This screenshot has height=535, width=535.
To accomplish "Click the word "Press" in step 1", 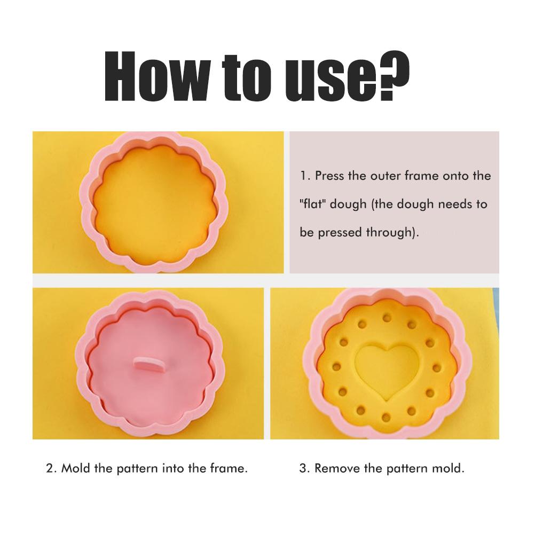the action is (329, 176).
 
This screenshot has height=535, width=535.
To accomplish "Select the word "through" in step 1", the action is (389, 233).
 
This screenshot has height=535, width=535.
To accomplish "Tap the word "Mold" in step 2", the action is (76, 468).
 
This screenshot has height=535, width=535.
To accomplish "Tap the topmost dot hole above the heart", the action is (386, 318).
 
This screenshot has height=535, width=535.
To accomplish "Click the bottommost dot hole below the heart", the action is (386, 416).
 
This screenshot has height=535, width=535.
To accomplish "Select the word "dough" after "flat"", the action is (348, 204).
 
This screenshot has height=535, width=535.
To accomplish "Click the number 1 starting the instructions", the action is (304, 176).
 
